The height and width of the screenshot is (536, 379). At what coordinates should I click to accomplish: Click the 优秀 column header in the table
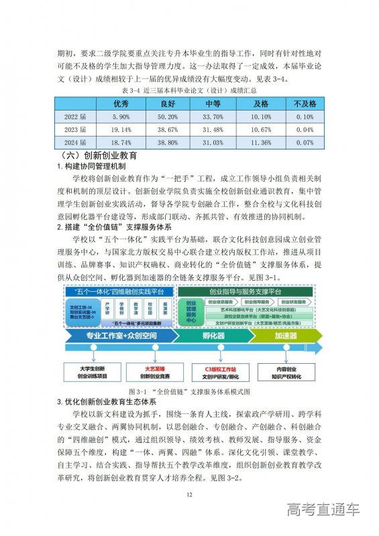[x=121, y=104]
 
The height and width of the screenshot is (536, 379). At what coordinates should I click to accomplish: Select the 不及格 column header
[x=305, y=104]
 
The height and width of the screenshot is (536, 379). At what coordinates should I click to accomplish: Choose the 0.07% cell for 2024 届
[x=305, y=142]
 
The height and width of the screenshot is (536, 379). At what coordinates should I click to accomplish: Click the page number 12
[x=189, y=494]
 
